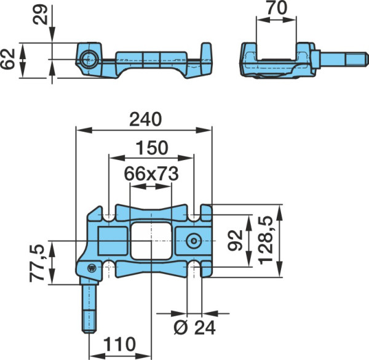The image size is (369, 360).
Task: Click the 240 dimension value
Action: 146,119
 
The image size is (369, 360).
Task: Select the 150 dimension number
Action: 153,148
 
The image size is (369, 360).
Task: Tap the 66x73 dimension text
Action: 151,174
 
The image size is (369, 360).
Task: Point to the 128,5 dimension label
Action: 266,240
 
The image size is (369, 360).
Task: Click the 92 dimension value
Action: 236,240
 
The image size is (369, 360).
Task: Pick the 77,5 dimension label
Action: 37,263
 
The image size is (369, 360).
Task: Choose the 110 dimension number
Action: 119,344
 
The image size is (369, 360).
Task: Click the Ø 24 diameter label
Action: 194,328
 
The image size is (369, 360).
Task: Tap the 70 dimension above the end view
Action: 277,8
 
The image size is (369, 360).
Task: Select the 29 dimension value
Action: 40,15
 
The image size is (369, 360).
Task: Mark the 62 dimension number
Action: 7,59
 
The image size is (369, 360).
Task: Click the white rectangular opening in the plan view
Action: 151,241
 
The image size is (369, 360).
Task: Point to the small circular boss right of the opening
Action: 194,241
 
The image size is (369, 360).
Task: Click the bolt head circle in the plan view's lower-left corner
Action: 92,268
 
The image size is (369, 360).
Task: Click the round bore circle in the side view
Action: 87,59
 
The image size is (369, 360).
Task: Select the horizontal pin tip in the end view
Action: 356,60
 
